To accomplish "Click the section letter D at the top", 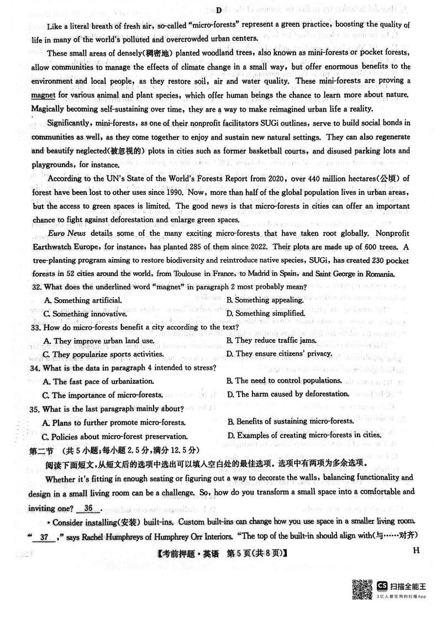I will (x=219, y=10).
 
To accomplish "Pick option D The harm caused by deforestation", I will (x=288, y=394).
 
